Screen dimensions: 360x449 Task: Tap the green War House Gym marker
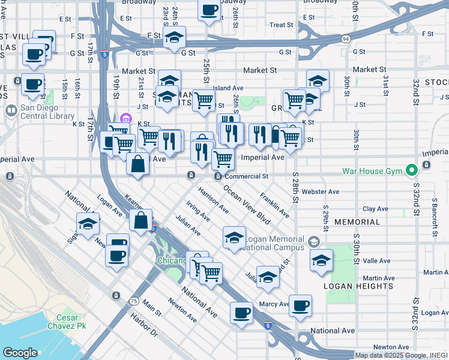coord(411,171)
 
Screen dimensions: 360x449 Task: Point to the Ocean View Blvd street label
coord(247,204)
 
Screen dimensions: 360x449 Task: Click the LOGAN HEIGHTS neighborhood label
coord(358,287)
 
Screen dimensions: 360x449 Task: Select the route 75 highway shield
coord(133,301)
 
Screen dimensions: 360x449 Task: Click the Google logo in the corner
coord(20,353)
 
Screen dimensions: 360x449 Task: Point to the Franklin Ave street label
coord(274,205)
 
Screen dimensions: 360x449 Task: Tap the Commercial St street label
coord(246,176)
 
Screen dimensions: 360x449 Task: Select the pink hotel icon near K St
coord(125,118)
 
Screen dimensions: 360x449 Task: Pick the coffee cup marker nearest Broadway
coord(209,11)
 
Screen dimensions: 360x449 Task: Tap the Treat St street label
coord(281,25)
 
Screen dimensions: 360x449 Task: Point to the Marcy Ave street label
coord(274,304)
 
